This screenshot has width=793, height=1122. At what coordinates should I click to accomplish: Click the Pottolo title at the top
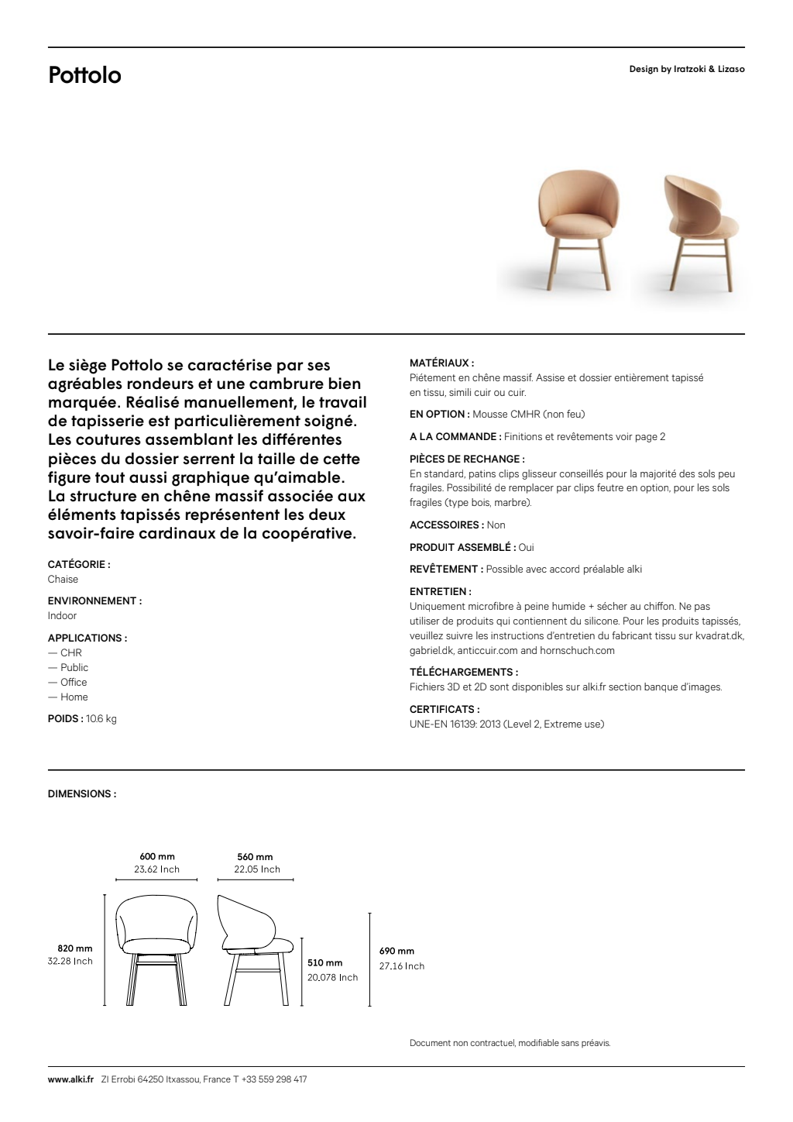click(x=84, y=75)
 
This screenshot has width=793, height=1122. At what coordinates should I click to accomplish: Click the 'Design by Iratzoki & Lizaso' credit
click(x=687, y=69)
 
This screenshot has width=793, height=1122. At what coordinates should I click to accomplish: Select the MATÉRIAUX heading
click(x=441, y=363)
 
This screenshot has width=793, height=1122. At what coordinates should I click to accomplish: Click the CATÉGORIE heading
click(x=79, y=564)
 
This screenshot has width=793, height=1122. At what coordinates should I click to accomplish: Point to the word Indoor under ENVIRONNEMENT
click(x=62, y=615)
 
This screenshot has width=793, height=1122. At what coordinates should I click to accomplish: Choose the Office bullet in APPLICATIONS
click(x=74, y=682)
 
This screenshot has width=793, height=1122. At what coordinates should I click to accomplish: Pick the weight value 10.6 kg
click(x=101, y=718)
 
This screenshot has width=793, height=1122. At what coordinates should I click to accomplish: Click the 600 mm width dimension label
click(x=157, y=856)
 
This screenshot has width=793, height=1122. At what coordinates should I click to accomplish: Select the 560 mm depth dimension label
click(x=255, y=856)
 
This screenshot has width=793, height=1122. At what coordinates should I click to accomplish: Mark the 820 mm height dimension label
click(x=75, y=948)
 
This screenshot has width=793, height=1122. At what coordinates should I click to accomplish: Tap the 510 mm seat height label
click(x=324, y=962)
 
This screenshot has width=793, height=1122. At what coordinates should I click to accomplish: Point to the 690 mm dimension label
click(x=396, y=951)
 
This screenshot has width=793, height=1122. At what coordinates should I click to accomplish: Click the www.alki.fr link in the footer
click(x=70, y=1079)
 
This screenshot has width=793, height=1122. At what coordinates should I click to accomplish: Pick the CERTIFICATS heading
click(x=444, y=709)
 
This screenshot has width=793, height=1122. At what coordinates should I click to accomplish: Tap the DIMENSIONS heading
click(x=82, y=793)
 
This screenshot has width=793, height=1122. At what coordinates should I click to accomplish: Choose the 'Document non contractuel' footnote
click(x=510, y=1043)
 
